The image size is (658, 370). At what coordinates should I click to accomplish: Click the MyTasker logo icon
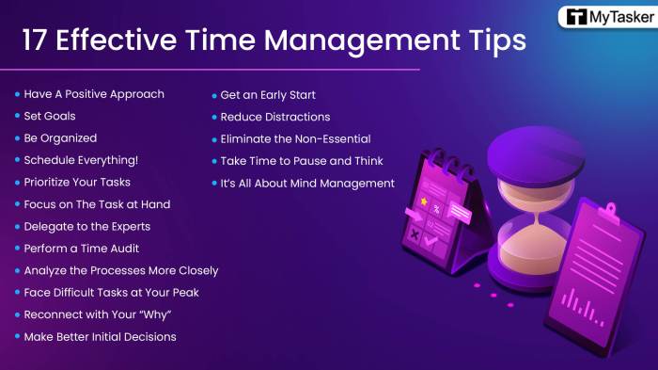click(x=574, y=18)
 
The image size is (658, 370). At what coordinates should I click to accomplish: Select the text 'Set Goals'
click(x=50, y=116)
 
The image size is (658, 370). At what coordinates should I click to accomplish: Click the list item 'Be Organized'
click(x=60, y=137)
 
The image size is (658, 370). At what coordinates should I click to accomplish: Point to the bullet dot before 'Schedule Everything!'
click(x=17, y=160)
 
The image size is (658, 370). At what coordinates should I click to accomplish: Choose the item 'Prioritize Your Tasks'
click(x=77, y=182)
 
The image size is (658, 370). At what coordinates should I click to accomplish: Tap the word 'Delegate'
click(x=48, y=226)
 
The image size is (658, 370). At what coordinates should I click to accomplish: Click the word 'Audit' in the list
click(x=125, y=248)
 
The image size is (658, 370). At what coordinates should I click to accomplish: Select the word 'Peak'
click(x=182, y=292)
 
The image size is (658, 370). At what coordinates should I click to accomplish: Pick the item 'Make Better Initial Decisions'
click(x=100, y=336)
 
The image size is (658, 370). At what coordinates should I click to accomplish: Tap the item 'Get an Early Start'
click(x=268, y=94)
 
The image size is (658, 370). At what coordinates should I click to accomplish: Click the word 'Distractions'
click(x=295, y=117)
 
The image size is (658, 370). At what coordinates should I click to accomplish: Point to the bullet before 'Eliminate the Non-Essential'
click(x=214, y=138)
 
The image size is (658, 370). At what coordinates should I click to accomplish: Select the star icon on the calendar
click(x=425, y=201)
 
